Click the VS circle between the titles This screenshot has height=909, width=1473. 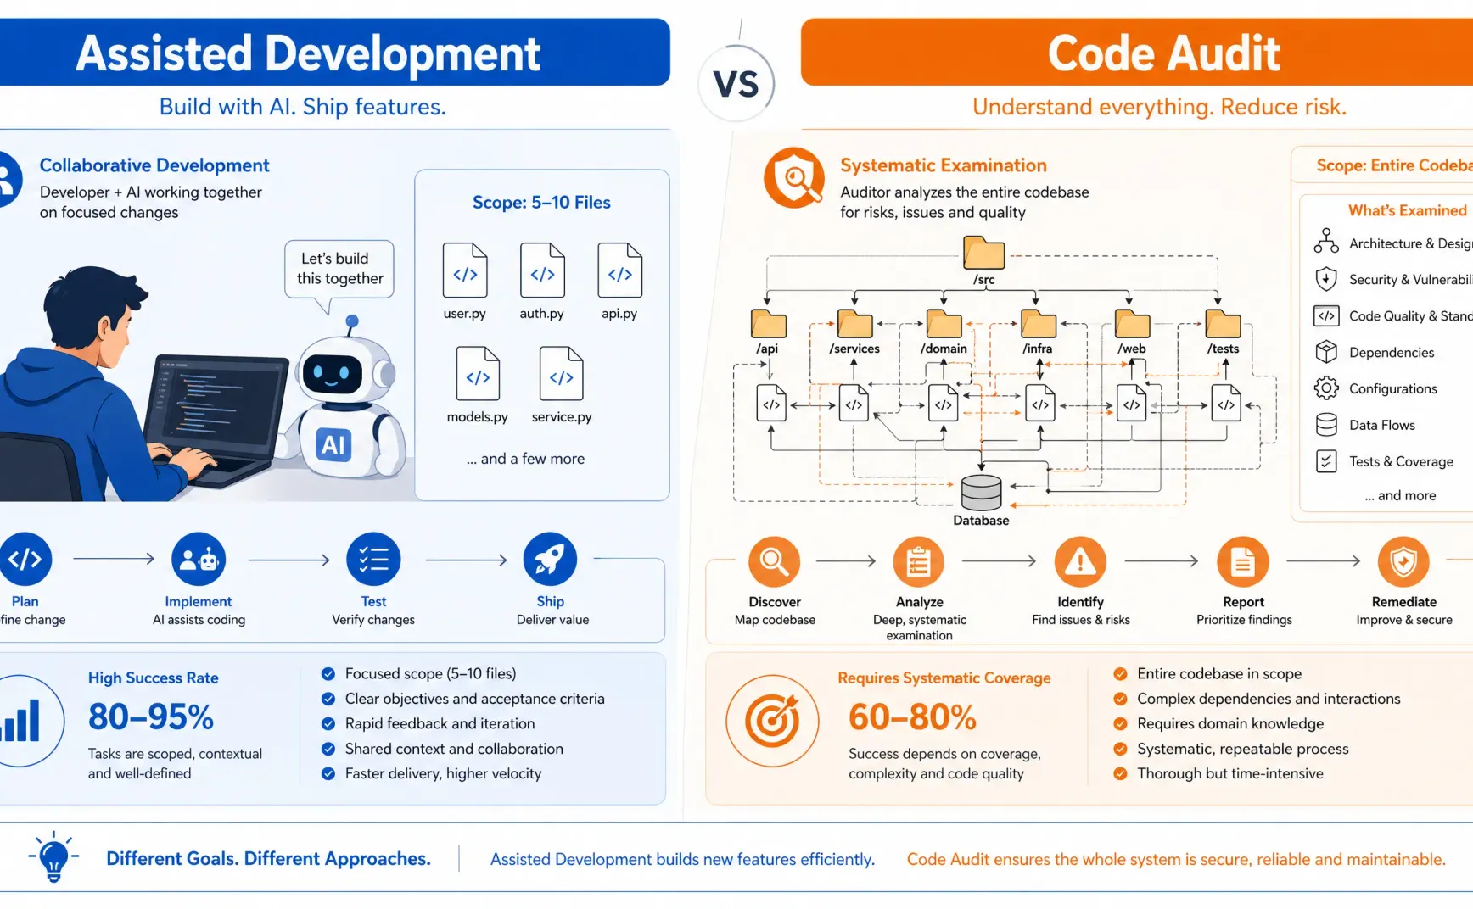tap(736, 84)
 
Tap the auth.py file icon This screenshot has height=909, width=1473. tap(542, 270)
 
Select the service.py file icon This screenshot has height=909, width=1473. tap(561, 373)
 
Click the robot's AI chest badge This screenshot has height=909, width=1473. tap(333, 443)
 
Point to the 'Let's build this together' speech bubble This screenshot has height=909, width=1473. tap(339, 269)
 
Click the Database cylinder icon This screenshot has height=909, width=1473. tap(981, 493)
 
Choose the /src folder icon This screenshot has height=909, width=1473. tap(983, 253)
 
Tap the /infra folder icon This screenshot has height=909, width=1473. tap(1038, 324)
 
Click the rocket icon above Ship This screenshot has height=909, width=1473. tap(550, 560)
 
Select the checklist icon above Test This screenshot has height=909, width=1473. tap(373, 560)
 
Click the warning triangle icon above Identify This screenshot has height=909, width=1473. tap(1080, 561)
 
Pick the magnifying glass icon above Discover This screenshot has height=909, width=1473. tap(774, 561)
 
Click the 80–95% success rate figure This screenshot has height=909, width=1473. tap(151, 717)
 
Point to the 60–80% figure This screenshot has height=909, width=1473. tap(912, 717)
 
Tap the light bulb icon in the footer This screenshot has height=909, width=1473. tap(53, 856)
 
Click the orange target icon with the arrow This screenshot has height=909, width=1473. tap(772, 722)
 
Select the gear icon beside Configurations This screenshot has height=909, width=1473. tap(1325, 388)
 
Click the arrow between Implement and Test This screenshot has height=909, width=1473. tap(288, 560)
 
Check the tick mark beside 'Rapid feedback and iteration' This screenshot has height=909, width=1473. tap(328, 724)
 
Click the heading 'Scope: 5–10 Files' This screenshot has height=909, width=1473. tap(541, 203)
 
